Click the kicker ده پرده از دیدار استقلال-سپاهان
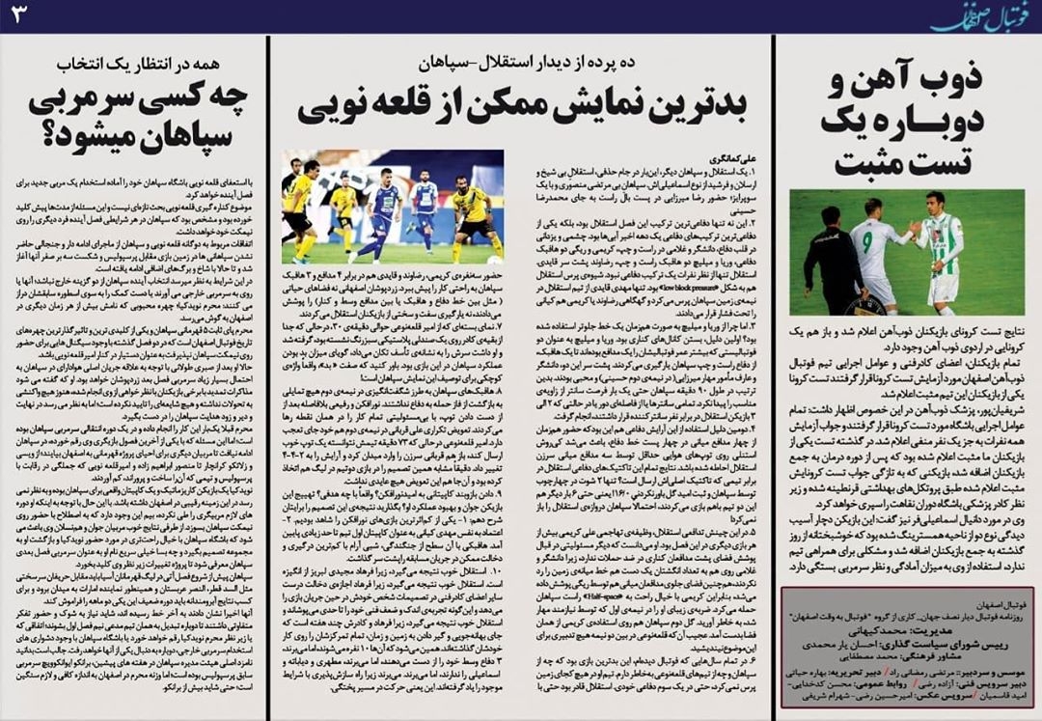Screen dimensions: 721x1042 [521, 65]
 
